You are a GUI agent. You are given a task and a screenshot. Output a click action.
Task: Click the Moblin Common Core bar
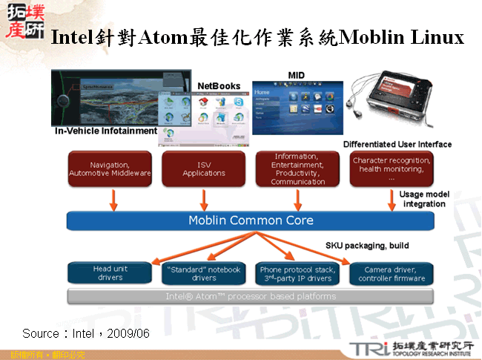point(251,220)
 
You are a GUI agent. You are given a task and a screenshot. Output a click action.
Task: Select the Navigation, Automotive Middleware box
point(110,168)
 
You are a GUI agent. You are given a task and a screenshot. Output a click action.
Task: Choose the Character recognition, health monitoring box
point(392,168)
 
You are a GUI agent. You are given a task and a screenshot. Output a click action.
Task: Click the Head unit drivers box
point(110,273)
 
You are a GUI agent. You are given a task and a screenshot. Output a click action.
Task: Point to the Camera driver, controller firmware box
point(392,273)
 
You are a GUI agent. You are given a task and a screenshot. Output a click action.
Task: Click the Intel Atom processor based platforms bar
point(251,296)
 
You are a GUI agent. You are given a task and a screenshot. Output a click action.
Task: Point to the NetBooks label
point(219,86)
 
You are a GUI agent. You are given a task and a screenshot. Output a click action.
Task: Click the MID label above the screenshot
point(296,75)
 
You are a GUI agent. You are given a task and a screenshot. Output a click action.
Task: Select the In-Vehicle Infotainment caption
point(106,131)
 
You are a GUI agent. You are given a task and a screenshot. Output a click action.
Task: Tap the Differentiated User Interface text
point(397,144)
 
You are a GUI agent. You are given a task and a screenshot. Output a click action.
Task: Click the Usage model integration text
point(424,199)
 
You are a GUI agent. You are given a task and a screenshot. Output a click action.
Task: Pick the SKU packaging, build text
point(367,245)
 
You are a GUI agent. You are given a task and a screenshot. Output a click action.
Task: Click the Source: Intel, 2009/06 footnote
point(85,333)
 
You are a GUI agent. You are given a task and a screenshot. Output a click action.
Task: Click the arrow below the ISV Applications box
point(204,198)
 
